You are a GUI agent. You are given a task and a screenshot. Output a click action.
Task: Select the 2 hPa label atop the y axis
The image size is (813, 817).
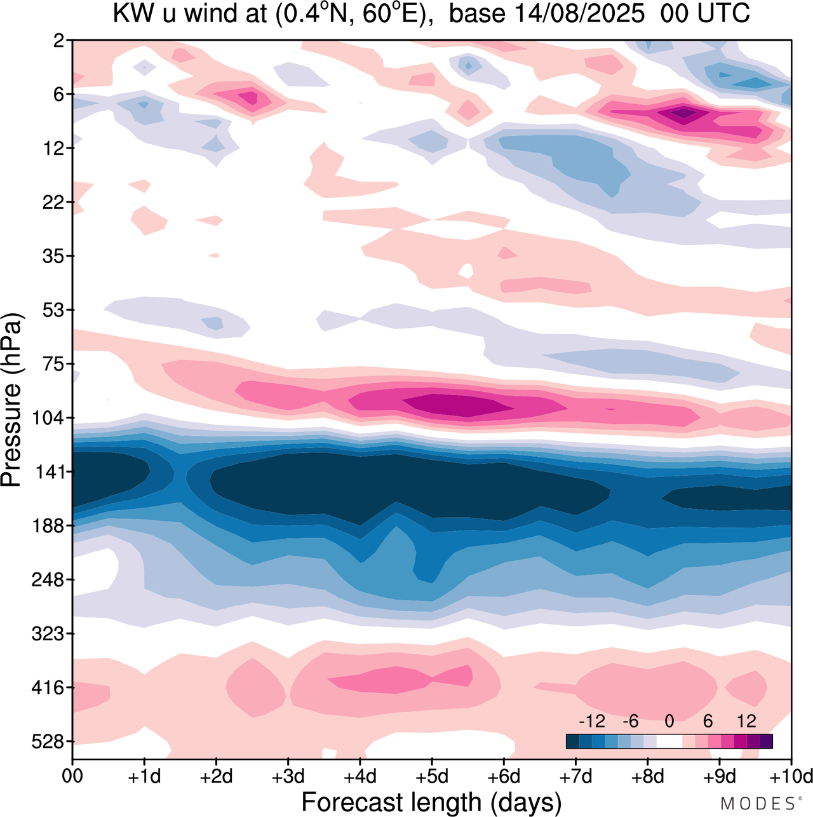click(x=59, y=41)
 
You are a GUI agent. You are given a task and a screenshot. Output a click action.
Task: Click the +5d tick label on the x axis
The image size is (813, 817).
click(x=432, y=776)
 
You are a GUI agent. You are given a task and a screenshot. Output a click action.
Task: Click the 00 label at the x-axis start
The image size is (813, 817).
click(x=72, y=776)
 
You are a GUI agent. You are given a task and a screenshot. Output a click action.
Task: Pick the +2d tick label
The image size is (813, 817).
click(x=217, y=776)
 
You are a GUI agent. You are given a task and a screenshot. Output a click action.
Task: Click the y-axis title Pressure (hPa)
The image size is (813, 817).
click(x=11, y=400)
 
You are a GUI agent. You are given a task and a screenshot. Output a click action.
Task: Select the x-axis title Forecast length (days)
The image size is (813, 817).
click(x=431, y=802)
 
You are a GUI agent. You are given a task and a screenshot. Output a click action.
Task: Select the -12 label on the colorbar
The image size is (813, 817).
click(x=591, y=721)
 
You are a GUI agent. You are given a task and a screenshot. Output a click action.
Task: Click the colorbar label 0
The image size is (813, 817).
click(x=669, y=721)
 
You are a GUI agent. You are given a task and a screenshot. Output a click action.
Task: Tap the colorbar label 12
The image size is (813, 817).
click(x=746, y=721)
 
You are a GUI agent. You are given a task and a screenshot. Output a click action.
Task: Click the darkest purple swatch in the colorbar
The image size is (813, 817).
click(x=766, y=741)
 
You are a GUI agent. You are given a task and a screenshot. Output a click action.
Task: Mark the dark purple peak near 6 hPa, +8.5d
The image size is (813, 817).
click(x=683, y=113)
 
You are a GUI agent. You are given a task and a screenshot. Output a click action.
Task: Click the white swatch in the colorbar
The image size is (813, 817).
click(x=669, y=741)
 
